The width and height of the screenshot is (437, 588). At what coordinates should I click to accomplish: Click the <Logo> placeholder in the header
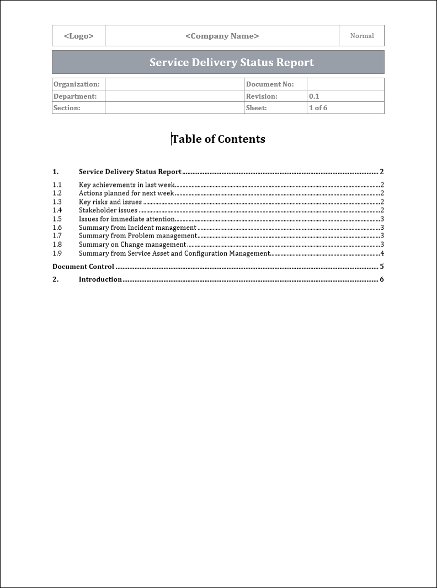78,36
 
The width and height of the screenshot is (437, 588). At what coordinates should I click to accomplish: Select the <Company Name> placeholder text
222,36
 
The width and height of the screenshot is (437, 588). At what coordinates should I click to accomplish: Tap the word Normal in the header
362,36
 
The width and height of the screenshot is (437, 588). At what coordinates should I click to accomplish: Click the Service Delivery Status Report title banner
232,62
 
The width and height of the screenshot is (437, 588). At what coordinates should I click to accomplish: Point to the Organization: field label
77,84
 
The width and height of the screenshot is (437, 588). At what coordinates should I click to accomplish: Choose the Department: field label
75,96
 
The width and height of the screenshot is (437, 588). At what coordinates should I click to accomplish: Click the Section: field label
67,108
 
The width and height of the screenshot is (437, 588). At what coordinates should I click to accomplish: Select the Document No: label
270,84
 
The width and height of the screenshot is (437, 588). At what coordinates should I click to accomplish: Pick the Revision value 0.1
314,96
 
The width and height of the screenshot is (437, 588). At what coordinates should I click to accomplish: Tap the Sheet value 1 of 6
318,108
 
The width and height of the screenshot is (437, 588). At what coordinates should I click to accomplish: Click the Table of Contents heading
218,139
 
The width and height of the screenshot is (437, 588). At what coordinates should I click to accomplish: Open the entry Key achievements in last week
126,185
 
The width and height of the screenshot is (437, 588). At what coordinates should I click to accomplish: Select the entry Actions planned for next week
126,193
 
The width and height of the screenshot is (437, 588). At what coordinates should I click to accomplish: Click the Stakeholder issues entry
108,210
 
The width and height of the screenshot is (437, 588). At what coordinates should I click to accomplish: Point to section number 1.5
57,219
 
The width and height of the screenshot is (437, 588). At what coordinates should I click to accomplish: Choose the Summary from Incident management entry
137,228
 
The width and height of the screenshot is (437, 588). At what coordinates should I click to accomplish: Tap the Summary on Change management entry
132,245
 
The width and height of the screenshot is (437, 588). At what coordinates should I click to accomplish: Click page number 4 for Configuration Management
382,253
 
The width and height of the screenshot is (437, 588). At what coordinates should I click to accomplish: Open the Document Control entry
83,267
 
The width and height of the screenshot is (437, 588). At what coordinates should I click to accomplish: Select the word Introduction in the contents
100,279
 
